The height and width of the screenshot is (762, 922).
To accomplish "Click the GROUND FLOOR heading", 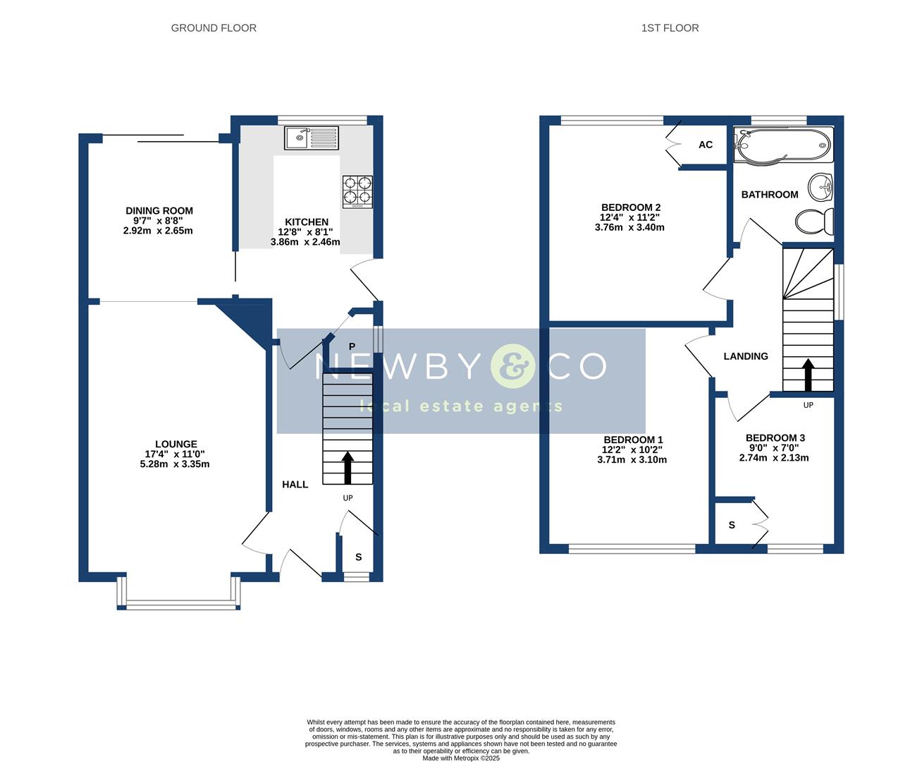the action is (x=214, y=28).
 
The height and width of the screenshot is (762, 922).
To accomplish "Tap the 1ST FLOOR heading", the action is (x=670, y=28).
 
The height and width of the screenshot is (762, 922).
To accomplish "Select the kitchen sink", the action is (x=312, y=138).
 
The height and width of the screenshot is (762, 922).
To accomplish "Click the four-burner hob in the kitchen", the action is (x=357, y=192).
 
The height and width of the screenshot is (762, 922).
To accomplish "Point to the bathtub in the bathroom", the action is (x=783, y=145).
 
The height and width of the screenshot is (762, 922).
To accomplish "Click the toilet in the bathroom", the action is (x=815, y=222).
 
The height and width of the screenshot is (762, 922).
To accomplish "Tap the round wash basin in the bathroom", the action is (x=820, y=186).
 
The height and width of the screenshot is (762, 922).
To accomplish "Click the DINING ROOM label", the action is (x=159, y=211).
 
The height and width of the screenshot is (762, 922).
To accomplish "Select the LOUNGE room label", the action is (x=176, y=444).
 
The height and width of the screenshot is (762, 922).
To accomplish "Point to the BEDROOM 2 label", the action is (x=631, y=207).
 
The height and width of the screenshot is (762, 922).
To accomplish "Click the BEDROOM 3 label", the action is (x=775, y=437).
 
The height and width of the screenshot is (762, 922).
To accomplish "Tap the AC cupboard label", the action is (x=706, y=145).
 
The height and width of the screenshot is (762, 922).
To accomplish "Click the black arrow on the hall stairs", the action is (x=348, y=467).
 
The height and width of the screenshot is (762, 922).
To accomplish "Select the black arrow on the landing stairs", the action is (x=808, y=375).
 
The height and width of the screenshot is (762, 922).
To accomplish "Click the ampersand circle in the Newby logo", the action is (x=512, y=366).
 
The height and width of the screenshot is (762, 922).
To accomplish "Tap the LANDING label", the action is (x=745, y=356).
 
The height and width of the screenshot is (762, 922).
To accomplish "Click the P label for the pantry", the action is (x=352, y=346).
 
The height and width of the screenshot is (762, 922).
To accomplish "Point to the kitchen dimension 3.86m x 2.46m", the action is (x=305, y=242).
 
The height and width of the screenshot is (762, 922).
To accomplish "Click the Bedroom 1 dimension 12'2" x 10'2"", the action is (x=632, y=449).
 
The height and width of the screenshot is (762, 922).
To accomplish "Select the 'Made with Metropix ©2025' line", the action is (x=461, y=758).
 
